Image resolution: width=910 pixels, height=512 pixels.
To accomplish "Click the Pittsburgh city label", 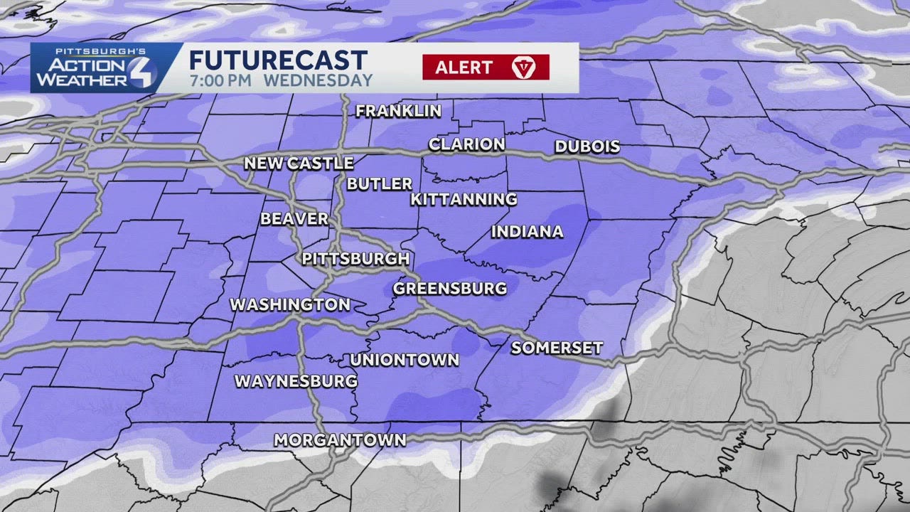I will (x=355, y=259).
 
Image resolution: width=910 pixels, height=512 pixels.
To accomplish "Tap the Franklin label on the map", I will (x=398, y=111).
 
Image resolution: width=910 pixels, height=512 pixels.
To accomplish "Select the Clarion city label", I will (x=466, y=144).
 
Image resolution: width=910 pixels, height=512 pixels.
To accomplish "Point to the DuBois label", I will (x=587, y=147).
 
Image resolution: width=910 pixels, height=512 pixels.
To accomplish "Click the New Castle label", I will (x=299, y=164).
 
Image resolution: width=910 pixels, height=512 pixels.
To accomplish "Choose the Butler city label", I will (x=380, y=183).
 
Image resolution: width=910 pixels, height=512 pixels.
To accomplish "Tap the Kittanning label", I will (x=464, y=200).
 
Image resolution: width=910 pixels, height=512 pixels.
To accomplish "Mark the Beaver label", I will (x=294, y=219).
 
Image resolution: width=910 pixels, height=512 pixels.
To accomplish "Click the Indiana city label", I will (x=527, y=232).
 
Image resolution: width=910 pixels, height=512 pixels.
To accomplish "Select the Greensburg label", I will (x=450, y=289).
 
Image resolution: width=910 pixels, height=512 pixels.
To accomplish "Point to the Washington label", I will (x=290, y=305).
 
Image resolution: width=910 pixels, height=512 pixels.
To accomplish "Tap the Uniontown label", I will (x=404, y=361).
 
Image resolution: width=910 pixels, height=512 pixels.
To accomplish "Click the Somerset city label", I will (x=557, y=348).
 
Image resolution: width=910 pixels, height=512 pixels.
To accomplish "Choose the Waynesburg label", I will (x=296, y=382).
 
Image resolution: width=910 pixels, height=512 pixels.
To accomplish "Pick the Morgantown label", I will (x=340, y=441).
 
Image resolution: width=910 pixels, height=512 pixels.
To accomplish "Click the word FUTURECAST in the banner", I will (x=278, y=60).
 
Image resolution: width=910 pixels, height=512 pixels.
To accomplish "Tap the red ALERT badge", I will (x=486, y=68).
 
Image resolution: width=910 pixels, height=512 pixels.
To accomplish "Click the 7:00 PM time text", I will (x=220, y=80).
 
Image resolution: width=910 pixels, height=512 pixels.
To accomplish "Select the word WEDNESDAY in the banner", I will (x=318, y=80).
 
